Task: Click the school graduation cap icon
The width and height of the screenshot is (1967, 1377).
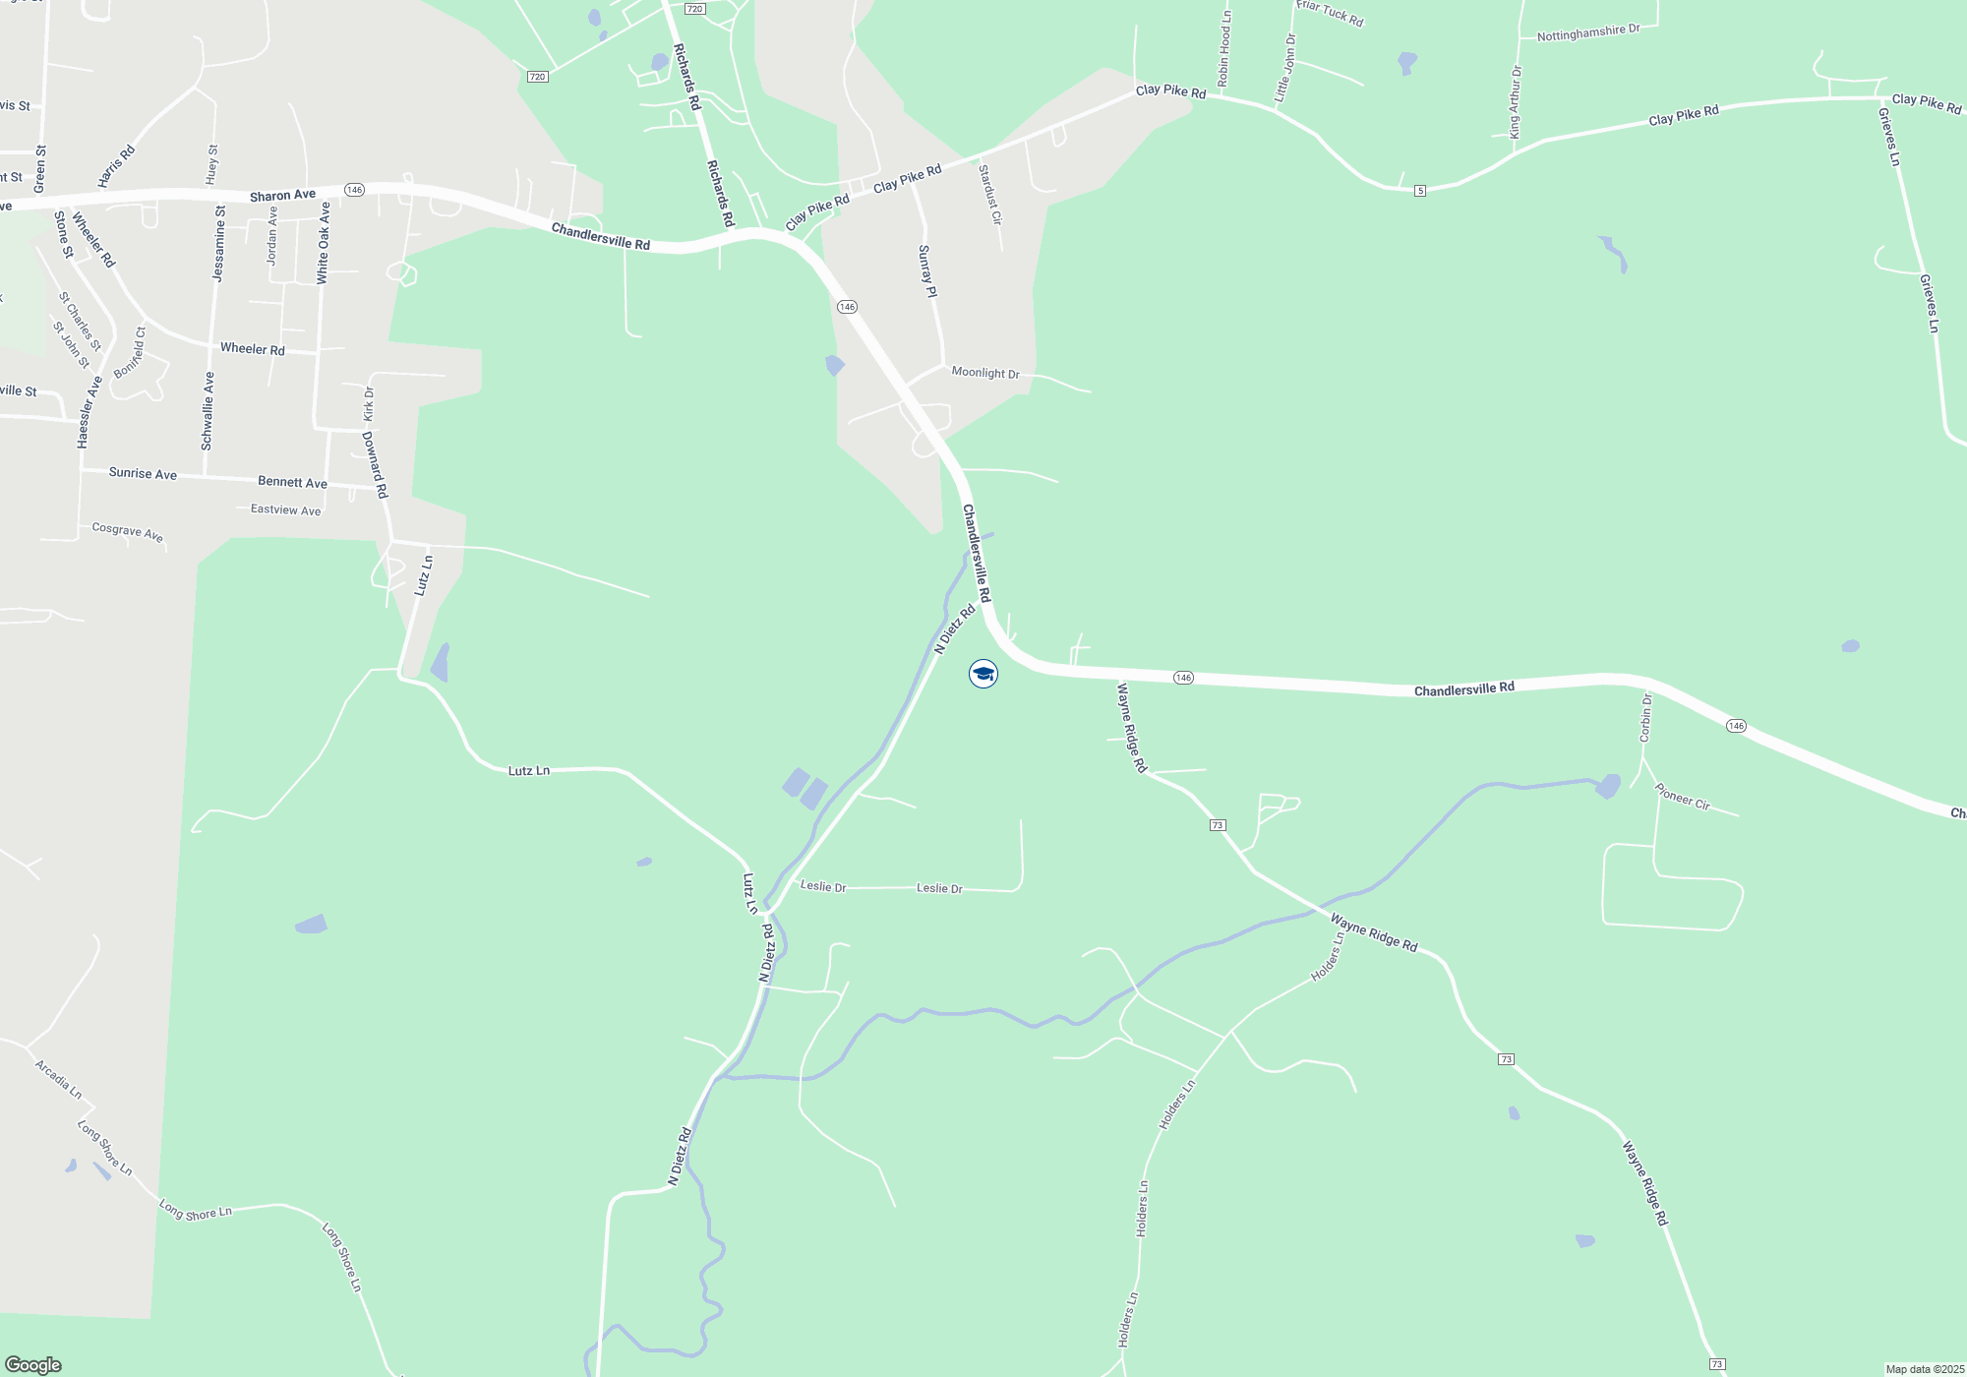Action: [983, 674]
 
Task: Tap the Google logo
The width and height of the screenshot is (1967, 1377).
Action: [33, 1364]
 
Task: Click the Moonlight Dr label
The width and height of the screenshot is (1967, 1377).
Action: [985, 373]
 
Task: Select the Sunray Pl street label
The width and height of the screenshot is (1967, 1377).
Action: [926, 271]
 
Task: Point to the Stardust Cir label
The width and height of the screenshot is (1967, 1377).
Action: [989, 195]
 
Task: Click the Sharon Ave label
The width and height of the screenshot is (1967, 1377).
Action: [282, 196]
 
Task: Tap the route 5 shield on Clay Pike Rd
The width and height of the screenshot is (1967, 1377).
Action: [1420, 191]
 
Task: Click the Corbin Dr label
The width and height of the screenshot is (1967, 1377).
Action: [1645, 717]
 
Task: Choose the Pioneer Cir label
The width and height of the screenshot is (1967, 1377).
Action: [1682, 797]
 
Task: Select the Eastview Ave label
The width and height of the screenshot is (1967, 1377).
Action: [285, 509]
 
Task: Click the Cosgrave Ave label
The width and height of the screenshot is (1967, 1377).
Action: [128, 532]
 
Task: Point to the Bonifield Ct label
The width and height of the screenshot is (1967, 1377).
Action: [130, 353]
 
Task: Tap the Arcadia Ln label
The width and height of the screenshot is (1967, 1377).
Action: [58, 1079]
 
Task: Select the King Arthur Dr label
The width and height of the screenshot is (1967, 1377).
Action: [1516, 101]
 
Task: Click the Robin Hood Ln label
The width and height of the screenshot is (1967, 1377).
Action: [1224, 49]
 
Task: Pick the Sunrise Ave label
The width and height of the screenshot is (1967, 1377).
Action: [143, 473]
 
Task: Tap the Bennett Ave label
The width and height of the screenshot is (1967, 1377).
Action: [292, 482]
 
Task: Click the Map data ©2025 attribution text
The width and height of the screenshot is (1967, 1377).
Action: [1925, 1369]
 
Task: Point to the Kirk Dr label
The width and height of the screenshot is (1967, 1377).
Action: [369, 404]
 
